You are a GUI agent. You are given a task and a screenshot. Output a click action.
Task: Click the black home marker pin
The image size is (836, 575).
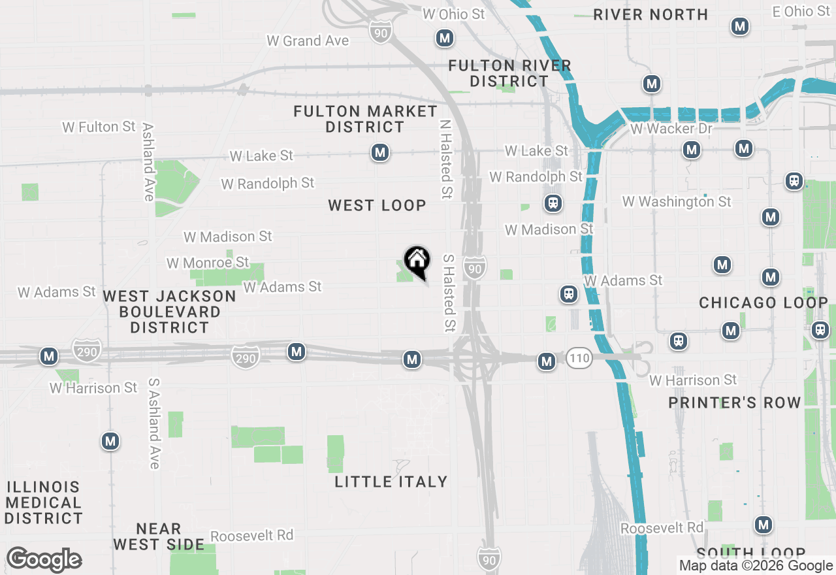pyautogui.click(x=417, y=262)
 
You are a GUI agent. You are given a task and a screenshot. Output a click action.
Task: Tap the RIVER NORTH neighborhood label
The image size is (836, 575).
pyautogui.click(x=651, y=14)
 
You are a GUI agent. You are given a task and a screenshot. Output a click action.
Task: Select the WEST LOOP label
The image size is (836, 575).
pyautogui.click(x=377, y=205)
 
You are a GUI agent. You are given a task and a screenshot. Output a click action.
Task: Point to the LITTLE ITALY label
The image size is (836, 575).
pyautogui.click(x=391, y=482)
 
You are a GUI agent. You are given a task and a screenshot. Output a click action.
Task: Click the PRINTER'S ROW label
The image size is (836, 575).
pyautogui.click(x=735, y=402)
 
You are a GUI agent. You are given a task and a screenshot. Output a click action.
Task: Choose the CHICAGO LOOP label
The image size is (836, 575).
pyautogui.click(x=763, y=303)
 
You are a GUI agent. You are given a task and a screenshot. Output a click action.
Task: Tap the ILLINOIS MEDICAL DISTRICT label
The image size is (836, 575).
pyautogui.click(x=43, y=502)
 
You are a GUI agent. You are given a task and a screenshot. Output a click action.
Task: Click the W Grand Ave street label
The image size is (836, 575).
pyautogui.click(x=308, y=41)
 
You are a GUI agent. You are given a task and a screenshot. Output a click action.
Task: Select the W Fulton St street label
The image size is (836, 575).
pyautogui.click(x=99, y=127)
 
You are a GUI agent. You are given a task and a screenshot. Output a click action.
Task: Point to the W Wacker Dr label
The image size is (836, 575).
pyautogui.click(x=671, y=129)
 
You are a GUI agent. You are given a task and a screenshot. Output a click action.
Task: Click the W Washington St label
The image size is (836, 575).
pyautogui.click(x=677, y=202)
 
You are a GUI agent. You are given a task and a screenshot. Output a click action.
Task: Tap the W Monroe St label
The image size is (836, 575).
pyautogui.click(x=208, y=263)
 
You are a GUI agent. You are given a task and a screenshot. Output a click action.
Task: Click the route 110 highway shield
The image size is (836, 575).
pyautogui.click(x=579, y=358)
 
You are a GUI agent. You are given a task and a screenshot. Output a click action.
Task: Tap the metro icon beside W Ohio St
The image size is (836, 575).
pyautogui.click(x=445, y=38)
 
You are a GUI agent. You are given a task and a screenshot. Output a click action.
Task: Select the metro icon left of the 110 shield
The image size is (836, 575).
pyautogui.click(x=546, y=361)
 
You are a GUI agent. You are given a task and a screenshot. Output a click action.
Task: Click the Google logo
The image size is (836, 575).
pyautogui.click(x=44, y=560)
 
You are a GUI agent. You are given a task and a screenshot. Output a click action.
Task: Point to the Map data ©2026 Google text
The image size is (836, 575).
pyautogui.click(x=756, y=566)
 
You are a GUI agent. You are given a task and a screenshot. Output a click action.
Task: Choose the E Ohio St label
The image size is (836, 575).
pyautogui.click(x=801, y=12)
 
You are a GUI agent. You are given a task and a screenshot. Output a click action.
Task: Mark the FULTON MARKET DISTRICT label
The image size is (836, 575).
pyautogui.click(x=365, y=119)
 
